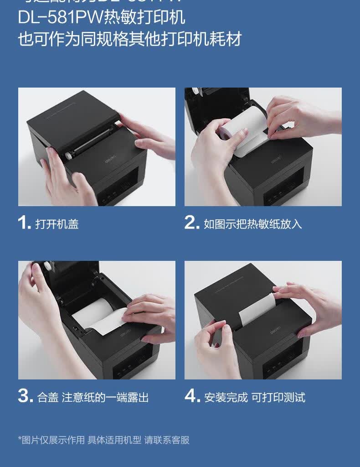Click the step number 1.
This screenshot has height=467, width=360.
24,223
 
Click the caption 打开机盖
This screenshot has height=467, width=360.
57,224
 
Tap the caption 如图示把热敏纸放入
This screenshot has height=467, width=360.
252,224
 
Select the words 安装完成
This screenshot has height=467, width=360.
226,397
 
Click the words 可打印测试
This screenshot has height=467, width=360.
278,397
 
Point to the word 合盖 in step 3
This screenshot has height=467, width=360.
48,397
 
